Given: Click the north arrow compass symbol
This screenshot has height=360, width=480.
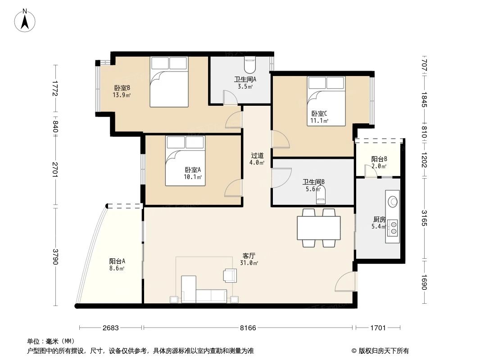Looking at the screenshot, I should pos(26,20).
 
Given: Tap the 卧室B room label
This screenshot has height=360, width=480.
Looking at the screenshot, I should pos(122,91).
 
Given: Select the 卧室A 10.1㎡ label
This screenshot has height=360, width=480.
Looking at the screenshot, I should pos(193,173).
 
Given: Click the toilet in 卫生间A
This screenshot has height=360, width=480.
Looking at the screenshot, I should pos(249,66).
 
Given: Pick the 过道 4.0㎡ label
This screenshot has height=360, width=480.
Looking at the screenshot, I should pos(257,159).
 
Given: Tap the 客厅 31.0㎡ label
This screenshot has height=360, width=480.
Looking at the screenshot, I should pos(249,259).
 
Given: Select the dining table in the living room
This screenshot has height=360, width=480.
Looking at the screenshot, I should pos(318,228).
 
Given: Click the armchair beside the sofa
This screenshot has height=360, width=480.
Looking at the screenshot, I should pos(230,275).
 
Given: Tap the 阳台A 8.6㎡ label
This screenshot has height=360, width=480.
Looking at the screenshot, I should pos(117,265).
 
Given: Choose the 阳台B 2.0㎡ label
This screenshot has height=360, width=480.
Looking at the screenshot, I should pos(379,162).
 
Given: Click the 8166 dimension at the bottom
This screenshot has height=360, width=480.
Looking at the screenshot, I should pos(248,328).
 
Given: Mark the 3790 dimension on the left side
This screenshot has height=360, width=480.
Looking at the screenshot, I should pos(55,257).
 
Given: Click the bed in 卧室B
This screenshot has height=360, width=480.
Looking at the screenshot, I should pos(169,82).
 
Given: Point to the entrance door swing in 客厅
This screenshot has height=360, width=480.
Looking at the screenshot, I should pos(344,283).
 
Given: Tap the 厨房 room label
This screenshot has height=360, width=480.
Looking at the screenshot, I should pos(379,223).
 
